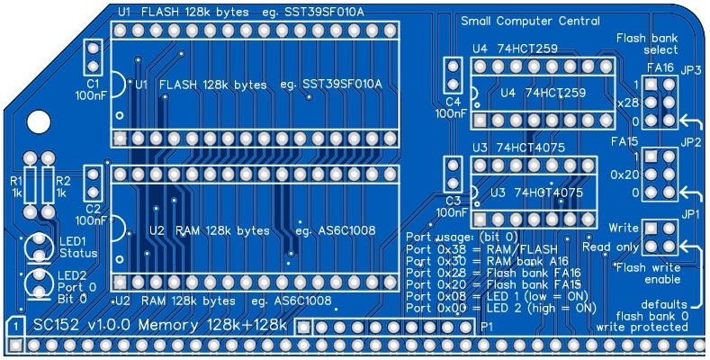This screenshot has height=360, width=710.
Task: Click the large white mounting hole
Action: click(x=40, y=121)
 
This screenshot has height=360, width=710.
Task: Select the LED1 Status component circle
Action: click(x=39, y=245)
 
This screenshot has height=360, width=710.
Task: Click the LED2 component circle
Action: click(x=39, y=282)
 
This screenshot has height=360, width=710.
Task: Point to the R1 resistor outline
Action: click(x=31, y=187)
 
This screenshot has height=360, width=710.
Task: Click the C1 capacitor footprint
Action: click(x=93, y=58)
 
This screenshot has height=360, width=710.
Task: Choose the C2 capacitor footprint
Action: click(x=93, y=183)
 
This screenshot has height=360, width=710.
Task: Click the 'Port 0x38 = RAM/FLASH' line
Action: click(x=481, y=247)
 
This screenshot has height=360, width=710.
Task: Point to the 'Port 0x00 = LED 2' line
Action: click(x=500, y=307)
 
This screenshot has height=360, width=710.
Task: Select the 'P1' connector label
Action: click(x=487, y=326)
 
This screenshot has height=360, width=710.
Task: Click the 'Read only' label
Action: click(x=612, y=246)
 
